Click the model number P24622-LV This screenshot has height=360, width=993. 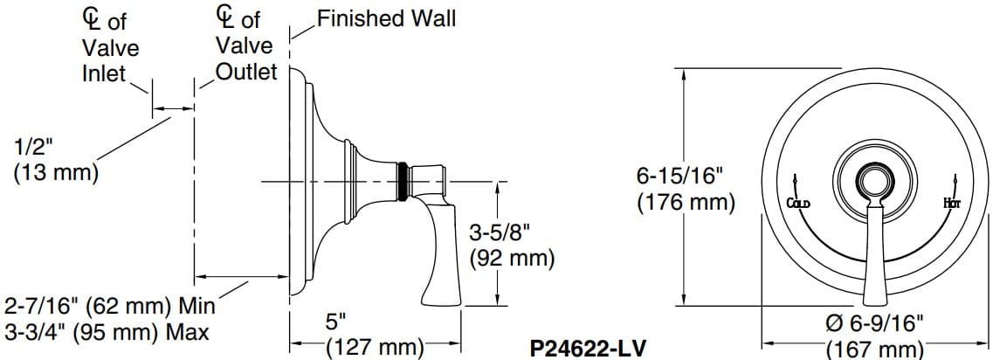coord(588,349)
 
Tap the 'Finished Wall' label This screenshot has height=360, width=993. coord(385,18)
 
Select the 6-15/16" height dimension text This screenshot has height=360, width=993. coord(680,176)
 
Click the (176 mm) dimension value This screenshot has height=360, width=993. coord(685,203)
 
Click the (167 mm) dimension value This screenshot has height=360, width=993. coord(874,349)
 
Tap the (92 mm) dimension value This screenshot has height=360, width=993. coord(512,258)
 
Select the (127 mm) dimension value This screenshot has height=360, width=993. coord(374,347)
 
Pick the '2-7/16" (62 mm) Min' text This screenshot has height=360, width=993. coord(109,307)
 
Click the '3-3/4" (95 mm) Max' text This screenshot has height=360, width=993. coord(107,332)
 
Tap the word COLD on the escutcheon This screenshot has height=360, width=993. coord(798,204)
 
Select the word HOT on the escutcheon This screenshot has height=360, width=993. coord(952,204)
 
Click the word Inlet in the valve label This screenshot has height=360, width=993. coord(104,74)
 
